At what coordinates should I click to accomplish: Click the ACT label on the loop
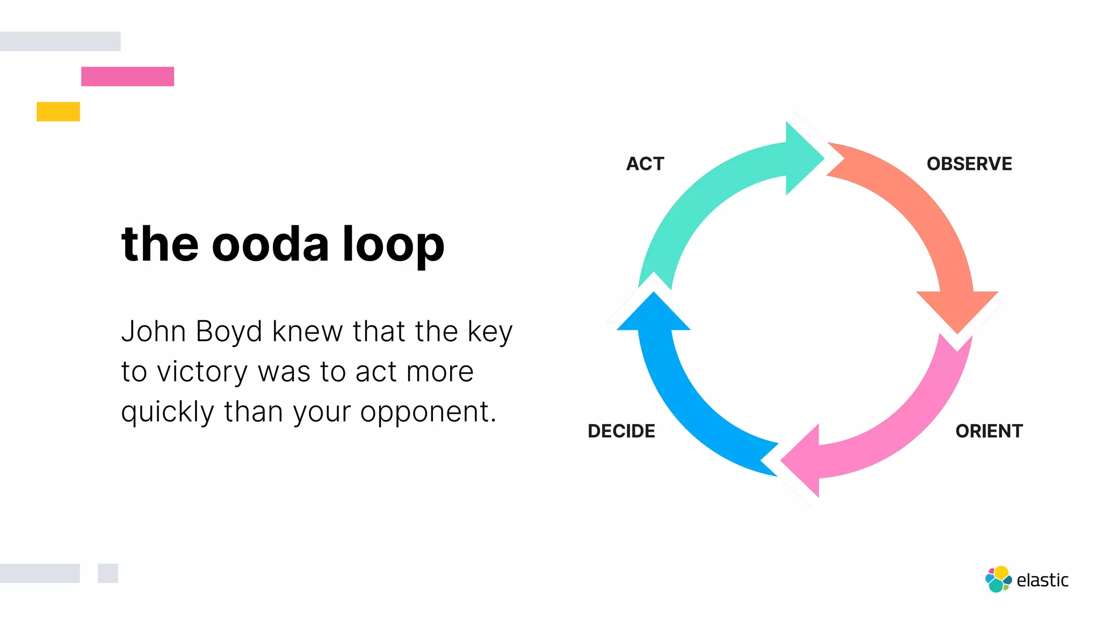[645, 164]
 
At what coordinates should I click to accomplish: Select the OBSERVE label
[969, 164]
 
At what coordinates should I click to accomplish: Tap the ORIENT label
[989, 431]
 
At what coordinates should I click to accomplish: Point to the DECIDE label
[621, 431]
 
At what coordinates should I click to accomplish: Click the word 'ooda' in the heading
[270, 244]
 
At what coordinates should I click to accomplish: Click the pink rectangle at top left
[127, 76]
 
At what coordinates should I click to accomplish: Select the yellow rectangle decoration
[58, 112]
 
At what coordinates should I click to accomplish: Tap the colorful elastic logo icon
[998, 579]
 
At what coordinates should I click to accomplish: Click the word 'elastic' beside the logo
[1043, 580]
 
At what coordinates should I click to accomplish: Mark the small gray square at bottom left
[108, 573]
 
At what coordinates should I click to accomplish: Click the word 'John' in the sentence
[153, 332]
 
